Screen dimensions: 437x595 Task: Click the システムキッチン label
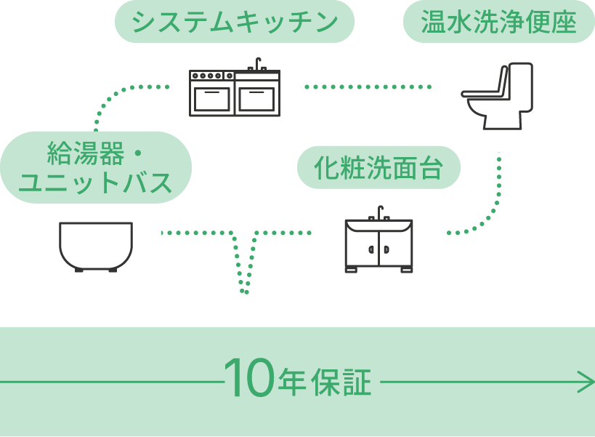[235, 24]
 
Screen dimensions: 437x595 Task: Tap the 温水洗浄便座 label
[498, 24]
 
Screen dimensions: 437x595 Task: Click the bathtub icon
[95, 246]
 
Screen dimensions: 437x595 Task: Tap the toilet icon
[498, 95]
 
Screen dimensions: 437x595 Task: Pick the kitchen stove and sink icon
[235, 92]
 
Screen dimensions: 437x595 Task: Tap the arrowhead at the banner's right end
[587, 381]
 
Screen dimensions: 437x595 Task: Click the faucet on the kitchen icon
[256, 64]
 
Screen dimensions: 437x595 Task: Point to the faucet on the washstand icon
[379, 212]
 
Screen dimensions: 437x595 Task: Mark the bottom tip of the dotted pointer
[245, 292]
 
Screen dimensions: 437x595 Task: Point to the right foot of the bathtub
[114, 270]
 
